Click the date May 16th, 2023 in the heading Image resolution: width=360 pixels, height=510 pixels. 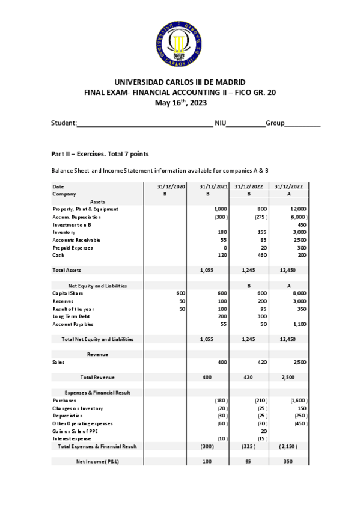(180, 102)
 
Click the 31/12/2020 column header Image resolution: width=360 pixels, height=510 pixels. (172, 186)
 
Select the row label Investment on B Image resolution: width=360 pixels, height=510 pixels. (72, 224)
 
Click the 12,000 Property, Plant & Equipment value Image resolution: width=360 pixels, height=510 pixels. (298, 209)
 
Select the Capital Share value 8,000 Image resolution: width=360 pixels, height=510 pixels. (299, 293)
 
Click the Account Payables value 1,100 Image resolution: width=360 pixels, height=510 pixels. (299, 324)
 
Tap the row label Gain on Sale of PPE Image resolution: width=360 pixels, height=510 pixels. (75, 431)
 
